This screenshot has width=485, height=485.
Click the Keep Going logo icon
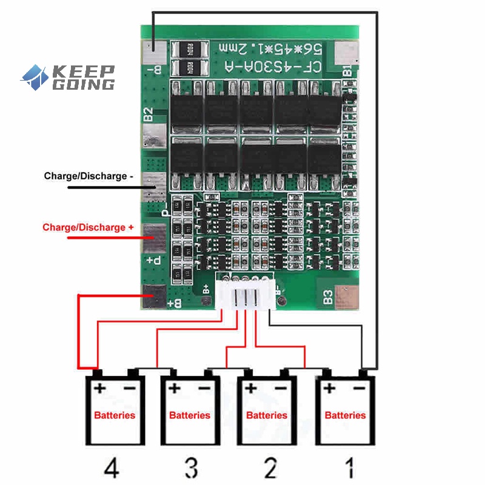[35, 77]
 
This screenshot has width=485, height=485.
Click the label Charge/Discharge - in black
[88, 176]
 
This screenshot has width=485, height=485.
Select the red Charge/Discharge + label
[88, 228]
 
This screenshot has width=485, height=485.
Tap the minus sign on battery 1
[359, 387]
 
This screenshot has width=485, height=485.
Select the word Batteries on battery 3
[190, 415]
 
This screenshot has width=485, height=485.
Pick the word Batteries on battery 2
[267, 415]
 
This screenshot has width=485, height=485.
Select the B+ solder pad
[154, 296]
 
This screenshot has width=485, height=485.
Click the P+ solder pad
[155, 239]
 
